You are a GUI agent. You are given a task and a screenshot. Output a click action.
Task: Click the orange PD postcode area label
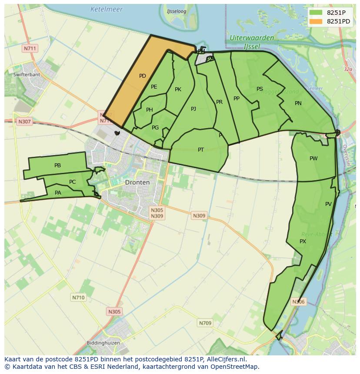point(142,76)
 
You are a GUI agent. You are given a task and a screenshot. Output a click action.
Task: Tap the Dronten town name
point(137,182)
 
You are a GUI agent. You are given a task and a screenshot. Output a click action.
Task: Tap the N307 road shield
point(24,122)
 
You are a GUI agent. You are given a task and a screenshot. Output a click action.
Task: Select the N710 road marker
point(78,298)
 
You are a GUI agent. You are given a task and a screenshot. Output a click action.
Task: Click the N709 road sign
point(205,323)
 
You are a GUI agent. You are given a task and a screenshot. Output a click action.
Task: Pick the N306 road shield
point(298,301)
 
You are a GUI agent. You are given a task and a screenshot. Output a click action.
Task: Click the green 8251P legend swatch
point(316,13)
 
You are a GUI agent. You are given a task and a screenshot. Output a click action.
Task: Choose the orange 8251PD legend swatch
point(316,21)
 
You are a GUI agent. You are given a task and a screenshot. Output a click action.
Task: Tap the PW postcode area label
point(313,159)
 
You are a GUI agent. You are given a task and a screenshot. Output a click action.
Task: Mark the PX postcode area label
point(303,241)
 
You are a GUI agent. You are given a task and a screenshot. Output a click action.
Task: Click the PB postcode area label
point(57,165)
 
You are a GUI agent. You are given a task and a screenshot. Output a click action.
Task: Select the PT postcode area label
point(201,150)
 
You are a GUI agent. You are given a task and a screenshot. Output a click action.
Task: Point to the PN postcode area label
point(298,103)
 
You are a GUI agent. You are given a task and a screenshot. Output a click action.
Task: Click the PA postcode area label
point(58,192)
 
